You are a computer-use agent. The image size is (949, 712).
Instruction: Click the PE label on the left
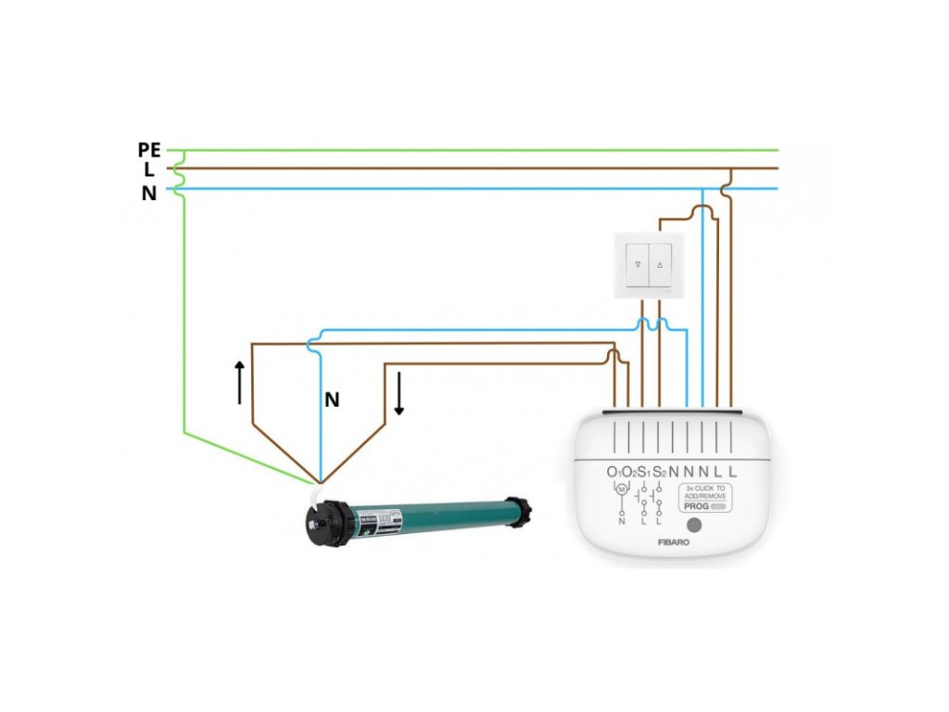[148, 149]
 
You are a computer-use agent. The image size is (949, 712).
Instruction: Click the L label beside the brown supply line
[148, 170]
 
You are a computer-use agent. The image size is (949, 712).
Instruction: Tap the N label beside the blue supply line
[148, 194]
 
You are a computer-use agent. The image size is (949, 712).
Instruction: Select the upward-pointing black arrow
[240, 381]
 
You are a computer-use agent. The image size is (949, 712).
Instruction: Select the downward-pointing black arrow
[399, 393]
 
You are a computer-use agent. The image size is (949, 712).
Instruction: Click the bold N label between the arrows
[332, 400]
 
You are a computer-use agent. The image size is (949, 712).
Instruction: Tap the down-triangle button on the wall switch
[639, 264]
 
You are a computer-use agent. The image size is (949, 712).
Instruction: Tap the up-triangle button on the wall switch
[661, 264]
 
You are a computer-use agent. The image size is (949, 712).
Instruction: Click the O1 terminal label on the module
[614, 473]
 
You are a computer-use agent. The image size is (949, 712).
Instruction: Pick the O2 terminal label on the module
[628, 473]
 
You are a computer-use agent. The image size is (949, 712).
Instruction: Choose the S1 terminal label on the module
[644, 473]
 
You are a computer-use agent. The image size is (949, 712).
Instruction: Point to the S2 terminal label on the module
[660, 473]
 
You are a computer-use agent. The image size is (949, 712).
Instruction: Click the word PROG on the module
[696, 507]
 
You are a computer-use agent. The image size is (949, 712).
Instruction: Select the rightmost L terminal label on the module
[732, 472]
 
